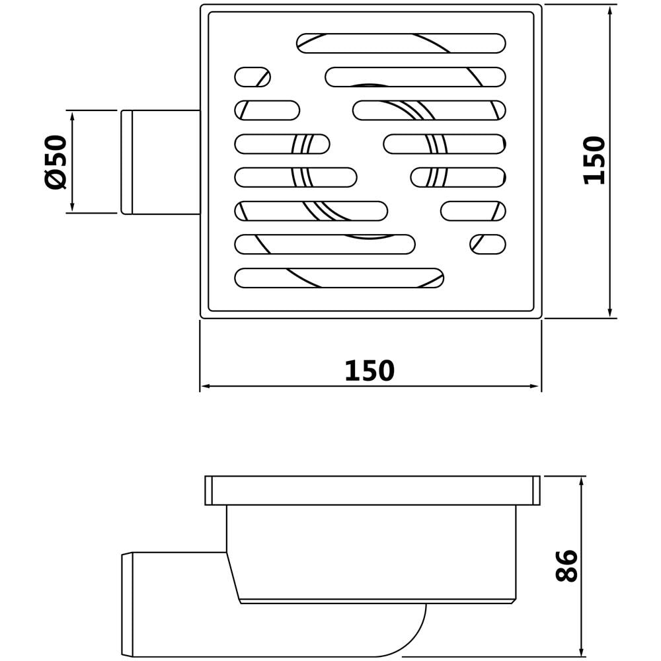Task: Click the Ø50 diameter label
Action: pos(56,162)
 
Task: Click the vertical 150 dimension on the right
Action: pos(594,160)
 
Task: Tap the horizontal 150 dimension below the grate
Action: pos(369,371)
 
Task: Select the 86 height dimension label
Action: pos(566,566)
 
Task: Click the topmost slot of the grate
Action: pos(401,44)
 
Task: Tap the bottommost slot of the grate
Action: pos(339,278)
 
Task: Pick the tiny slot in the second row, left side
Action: pos(253,77)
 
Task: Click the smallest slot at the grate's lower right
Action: pos(488,245)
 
